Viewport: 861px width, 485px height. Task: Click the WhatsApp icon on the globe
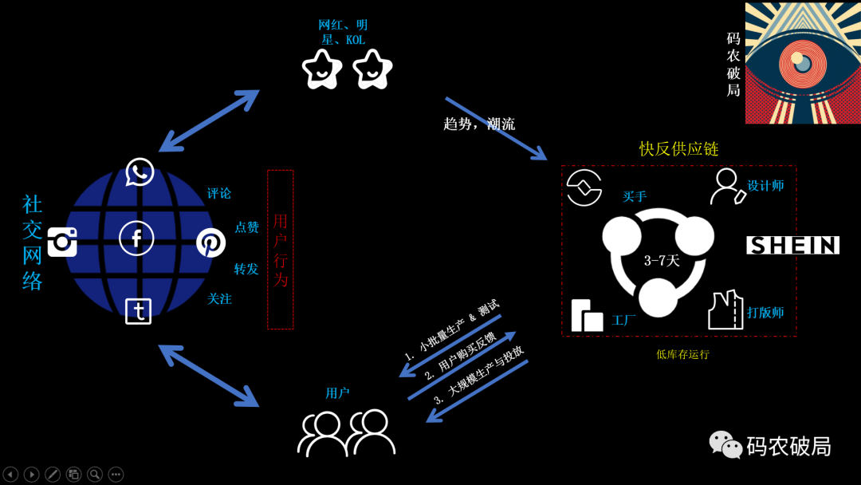pyautogui.click(x=140, y=172)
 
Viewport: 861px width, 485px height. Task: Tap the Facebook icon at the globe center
pyautogui.click(x=136, y=238)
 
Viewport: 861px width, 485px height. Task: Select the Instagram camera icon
pyautogui.click(x=62, y=242)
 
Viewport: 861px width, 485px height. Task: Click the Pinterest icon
pyautogui.click(x=211, y=242)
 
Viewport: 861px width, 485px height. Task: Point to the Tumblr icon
pyautogui.click(x=139, y=310)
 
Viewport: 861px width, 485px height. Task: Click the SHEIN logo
pyautogui.click(x=792, y=245)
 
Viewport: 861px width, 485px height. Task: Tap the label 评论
pyautogui.click(x=219, y=193)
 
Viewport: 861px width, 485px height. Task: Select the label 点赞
pyautogui.click(x=246, y=227)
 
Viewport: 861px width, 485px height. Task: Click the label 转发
pyautogui.click(x=246, y=269)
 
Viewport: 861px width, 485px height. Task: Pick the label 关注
pyautogui.click(x=219, y=299)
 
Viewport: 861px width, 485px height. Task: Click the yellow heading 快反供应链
pyautogui.click(x=679, y=149)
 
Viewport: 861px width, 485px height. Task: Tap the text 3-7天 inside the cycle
pyautogui.click(x=662, y=261)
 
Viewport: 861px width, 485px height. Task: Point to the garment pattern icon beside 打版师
pyautogui.click(x=725, y=310)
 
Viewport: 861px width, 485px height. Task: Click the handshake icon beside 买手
pyautogui.click(x=584, y=188)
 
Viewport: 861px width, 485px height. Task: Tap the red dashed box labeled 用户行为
pyautogui.click(x=280, y=249)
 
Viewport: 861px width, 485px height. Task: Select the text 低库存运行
pyautogui.click(x=682, y=354)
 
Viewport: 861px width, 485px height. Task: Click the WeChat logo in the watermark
pyautogui.click(x=725, y=445)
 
